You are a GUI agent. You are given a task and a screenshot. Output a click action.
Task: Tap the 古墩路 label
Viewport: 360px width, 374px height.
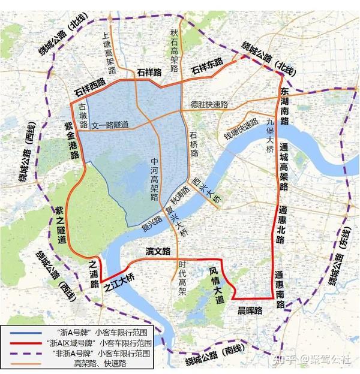[83, 116]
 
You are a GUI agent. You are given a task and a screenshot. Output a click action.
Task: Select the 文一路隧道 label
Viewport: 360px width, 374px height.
[110, 125]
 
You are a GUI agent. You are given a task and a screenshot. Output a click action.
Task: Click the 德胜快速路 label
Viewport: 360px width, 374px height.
[209, 104]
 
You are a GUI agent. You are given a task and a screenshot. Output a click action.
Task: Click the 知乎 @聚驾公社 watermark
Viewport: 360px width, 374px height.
[311, 359]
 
